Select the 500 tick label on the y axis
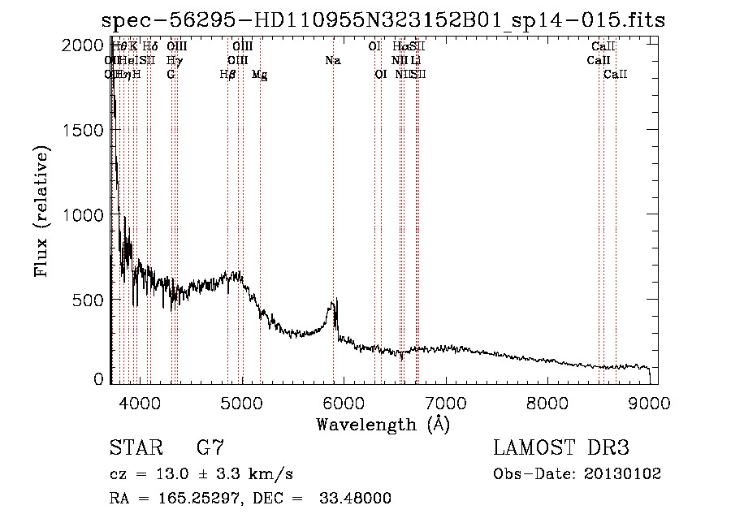coord(88,300)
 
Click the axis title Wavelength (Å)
coord(383,424)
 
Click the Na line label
coord(332,61)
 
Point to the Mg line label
coord(260,75)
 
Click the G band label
coord(171,75)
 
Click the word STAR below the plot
coord(134,448)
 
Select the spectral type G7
coord(210,448)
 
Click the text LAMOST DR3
coord(560,448)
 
